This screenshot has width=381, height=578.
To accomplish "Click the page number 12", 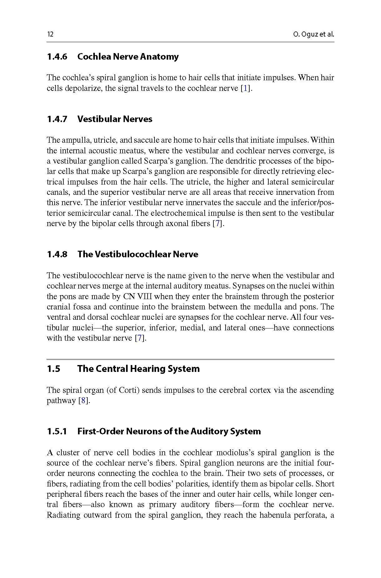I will pos(50,34).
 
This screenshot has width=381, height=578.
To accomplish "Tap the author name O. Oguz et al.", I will pos(313,34).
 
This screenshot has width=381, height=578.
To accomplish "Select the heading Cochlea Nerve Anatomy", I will pos(128,57).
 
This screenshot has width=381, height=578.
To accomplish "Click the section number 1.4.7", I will pos(57,119).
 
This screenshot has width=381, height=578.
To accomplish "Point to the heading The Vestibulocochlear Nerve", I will pos(138,254).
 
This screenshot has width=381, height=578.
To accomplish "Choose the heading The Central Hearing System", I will pos(138,368).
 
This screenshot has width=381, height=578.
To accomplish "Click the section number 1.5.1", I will pos(57,431).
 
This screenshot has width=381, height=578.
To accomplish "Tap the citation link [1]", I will pos(246,88).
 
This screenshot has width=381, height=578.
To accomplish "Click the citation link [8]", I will pos(83,401).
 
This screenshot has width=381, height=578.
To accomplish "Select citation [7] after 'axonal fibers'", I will pos(218,224).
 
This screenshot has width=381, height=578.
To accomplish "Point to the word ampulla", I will pos(74,140).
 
